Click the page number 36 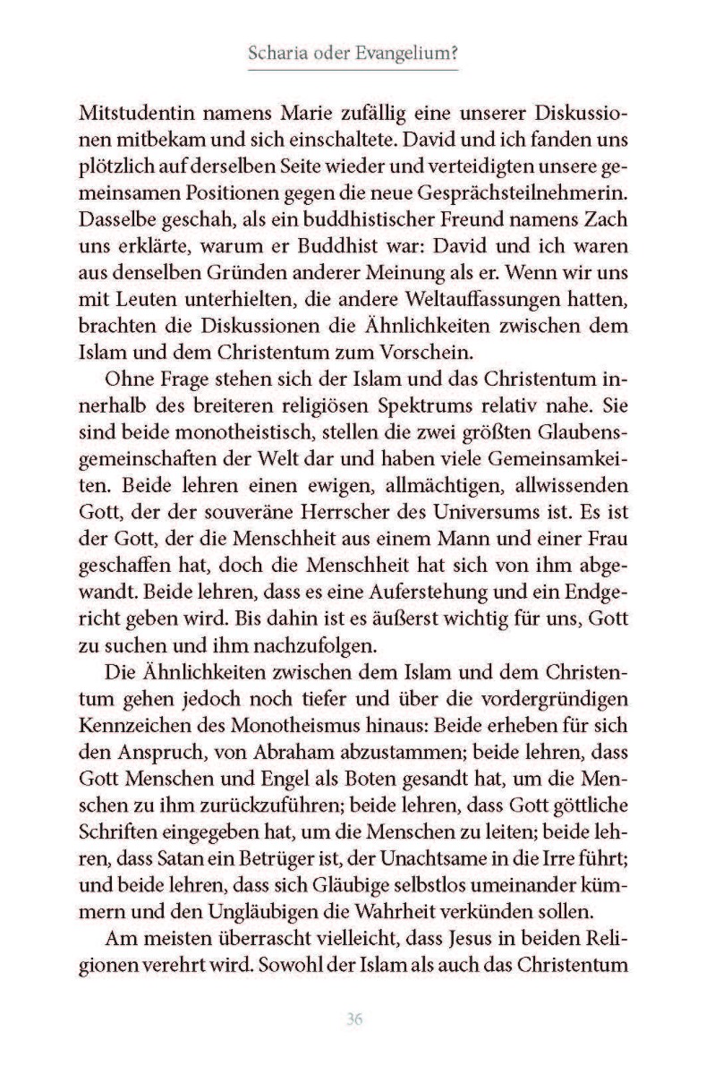353,1020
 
